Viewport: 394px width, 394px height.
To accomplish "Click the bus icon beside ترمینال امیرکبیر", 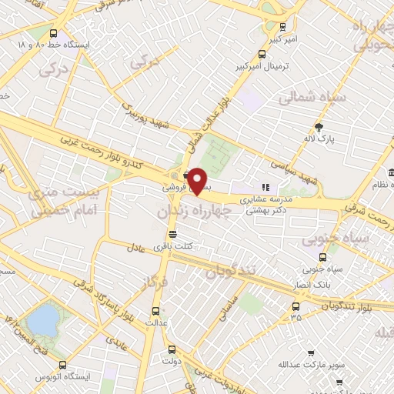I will [x=262, y=54].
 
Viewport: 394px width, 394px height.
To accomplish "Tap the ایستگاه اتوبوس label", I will [x=65, y=377].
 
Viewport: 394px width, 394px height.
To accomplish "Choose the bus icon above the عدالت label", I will [x=157, y=312].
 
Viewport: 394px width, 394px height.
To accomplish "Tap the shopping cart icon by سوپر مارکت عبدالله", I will [x=310, y=353].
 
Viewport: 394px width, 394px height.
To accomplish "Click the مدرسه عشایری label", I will [x=265, y=199].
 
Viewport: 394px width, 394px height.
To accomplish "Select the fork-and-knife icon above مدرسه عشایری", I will [x=265, y=187].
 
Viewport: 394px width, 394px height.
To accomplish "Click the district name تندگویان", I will [x=229, y=271].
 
